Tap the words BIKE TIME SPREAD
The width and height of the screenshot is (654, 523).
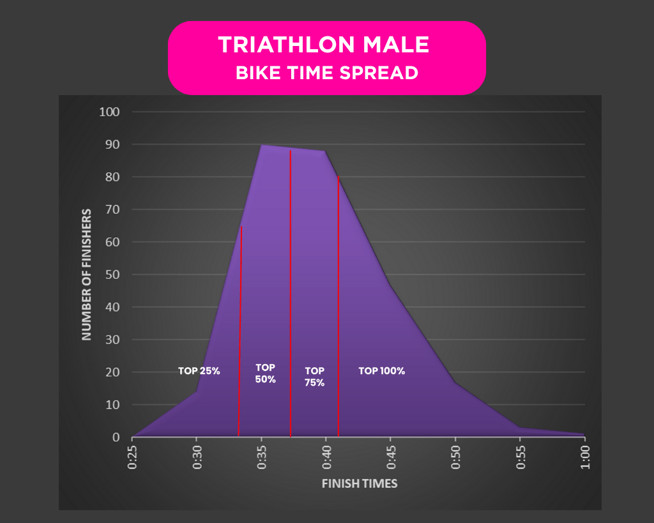pos(326,73)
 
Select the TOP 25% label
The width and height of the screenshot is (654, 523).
pos(199,371)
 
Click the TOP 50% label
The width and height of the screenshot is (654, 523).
pos(265,374)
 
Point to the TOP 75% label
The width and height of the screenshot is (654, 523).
pos(314,377)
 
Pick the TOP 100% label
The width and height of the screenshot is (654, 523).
pos(381,371)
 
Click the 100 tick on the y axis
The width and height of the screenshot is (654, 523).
pos(109,112)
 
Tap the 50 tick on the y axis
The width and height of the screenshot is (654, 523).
pos(112,275)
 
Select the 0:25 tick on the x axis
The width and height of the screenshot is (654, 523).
pos(132,458)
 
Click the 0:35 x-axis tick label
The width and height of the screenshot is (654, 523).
pos(261,458)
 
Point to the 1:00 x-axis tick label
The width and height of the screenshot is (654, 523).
pos(584,458)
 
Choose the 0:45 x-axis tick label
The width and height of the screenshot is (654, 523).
pos(390,458)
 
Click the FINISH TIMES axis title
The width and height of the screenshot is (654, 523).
pos(359,483)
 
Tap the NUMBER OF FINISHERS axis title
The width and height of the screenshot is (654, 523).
pos(87,274)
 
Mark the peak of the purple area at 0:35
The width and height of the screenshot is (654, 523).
pos(261,145)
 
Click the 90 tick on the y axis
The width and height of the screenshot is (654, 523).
pos(112,145)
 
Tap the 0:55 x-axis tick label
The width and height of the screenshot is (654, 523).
pos(520,458)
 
